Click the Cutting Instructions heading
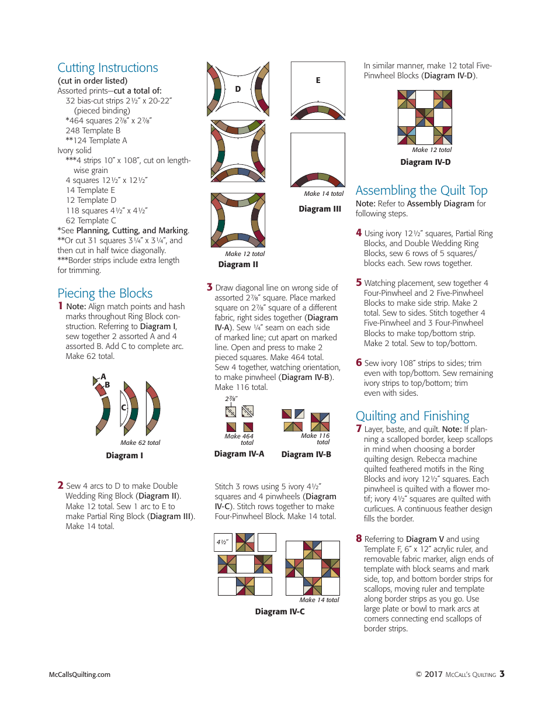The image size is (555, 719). (107, 68)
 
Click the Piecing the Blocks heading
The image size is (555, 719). (105, 293)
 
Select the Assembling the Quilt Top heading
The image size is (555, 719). (421, 191)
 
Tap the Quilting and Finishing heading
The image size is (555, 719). (412, 416)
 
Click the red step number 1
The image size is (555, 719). (60, 306)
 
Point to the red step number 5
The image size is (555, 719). (359, 282)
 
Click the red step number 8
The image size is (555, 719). (359, 538)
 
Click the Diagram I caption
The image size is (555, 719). (124, 455)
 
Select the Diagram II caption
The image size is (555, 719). (238, 264)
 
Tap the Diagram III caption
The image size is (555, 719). (320, 209)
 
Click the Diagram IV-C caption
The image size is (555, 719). (279, 611)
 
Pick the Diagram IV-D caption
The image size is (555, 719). (425, 162)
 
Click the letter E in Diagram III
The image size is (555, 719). (318, 81)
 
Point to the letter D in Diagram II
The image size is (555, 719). (238, 89)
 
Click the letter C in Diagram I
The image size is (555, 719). (124, 407)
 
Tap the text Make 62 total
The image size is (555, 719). (140, 443)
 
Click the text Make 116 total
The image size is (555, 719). (315, 439)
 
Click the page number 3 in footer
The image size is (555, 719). (502, 673)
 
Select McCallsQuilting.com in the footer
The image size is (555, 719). (79, 675)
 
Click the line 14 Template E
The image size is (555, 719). (90, 190)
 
